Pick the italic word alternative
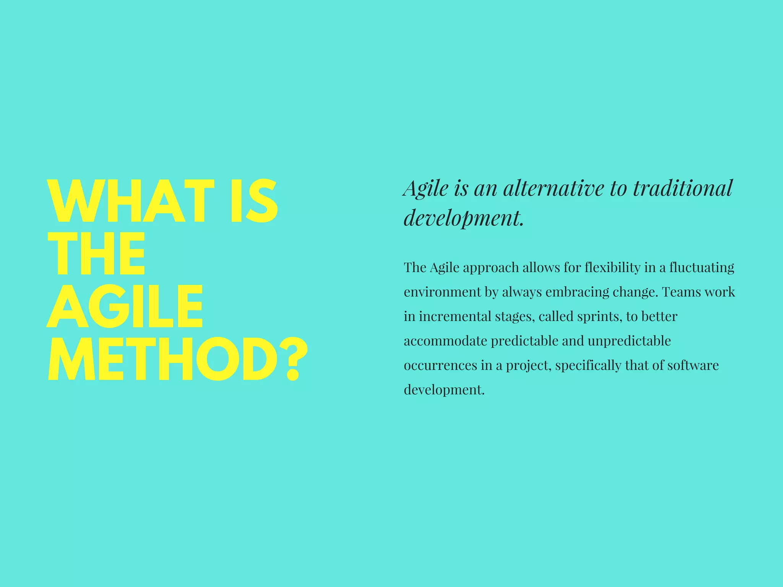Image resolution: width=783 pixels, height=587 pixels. pos(554,188)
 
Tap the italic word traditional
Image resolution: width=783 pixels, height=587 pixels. pos(682,188)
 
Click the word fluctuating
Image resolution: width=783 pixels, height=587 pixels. pos(702,268)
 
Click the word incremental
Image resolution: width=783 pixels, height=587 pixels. pos(455,316)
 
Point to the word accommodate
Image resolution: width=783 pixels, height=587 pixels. pos(445,341)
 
